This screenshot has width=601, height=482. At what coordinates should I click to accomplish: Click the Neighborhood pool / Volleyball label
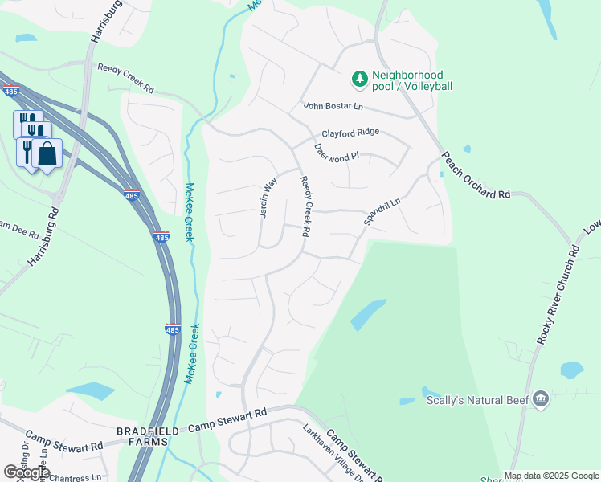click(x=412, y=80)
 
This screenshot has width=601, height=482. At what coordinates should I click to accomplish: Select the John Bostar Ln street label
click(x=333, y=106)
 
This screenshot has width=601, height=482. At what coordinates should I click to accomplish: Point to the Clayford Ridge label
click(x=350, y=133)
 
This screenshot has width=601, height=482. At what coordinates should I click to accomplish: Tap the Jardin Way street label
click(x=268, y=198)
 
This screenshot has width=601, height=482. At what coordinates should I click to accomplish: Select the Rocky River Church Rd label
click(x=558, y=295)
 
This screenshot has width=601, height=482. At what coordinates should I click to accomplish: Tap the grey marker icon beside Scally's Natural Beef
click(x=541, y=398)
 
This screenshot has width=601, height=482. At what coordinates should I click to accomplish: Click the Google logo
click(x=27, y=472)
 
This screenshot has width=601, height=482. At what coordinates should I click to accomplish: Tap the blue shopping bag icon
click(x=47, y=153)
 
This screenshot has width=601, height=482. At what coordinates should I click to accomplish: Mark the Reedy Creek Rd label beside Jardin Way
click(x=305, y=207)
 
